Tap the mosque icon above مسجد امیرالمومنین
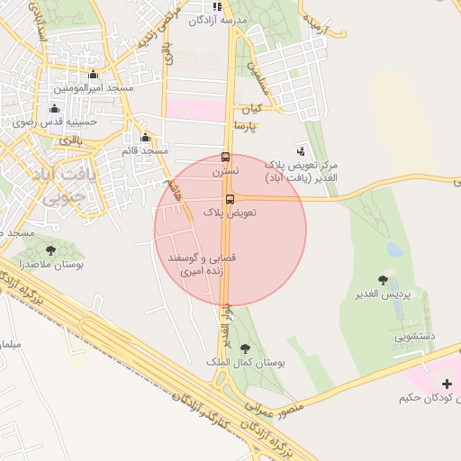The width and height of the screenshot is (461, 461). (93, 75)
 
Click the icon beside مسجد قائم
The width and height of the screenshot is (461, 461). (145, 139)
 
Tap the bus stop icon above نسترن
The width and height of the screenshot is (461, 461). (225, 156)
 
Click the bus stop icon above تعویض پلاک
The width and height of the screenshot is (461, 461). (230, 199)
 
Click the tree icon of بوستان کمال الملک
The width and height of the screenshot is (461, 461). (245, 348)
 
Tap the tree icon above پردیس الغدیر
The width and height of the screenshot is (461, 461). (384, 280)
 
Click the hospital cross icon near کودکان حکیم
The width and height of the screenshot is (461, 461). (447, 384)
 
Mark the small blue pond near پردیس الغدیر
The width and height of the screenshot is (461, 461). (394, 248)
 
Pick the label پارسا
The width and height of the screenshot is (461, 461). (246, 126)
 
